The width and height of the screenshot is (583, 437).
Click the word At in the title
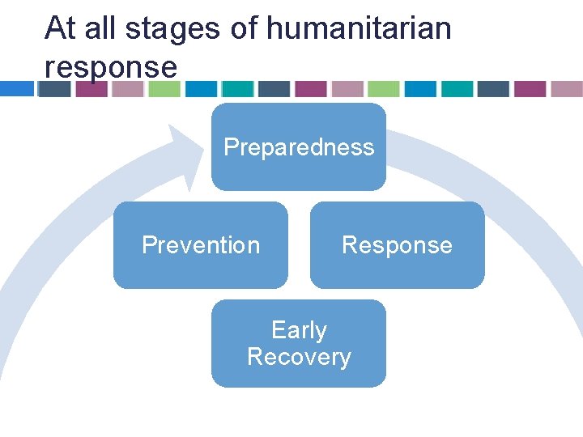coord(59,28)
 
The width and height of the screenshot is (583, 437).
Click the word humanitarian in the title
coord(358,28)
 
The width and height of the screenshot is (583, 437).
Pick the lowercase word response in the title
coord(110,67)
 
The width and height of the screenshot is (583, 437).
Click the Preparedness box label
coord(299,147)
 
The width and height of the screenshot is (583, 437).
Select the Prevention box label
coord(201,245)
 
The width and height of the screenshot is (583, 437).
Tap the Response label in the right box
coord(397,245)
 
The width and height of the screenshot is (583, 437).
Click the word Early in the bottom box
coord(299,330)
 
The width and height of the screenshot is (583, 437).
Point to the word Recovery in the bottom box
coord(299,357)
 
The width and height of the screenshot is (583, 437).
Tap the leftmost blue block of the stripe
coord(16,88)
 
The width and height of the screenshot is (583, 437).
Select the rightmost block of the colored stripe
coord(567,88)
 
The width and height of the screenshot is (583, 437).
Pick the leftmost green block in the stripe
coord(164,88)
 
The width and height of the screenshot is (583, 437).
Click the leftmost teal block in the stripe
coord(237,88)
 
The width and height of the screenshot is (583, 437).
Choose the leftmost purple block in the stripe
coord(91,88)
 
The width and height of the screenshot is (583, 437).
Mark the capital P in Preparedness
coord(232,147)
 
